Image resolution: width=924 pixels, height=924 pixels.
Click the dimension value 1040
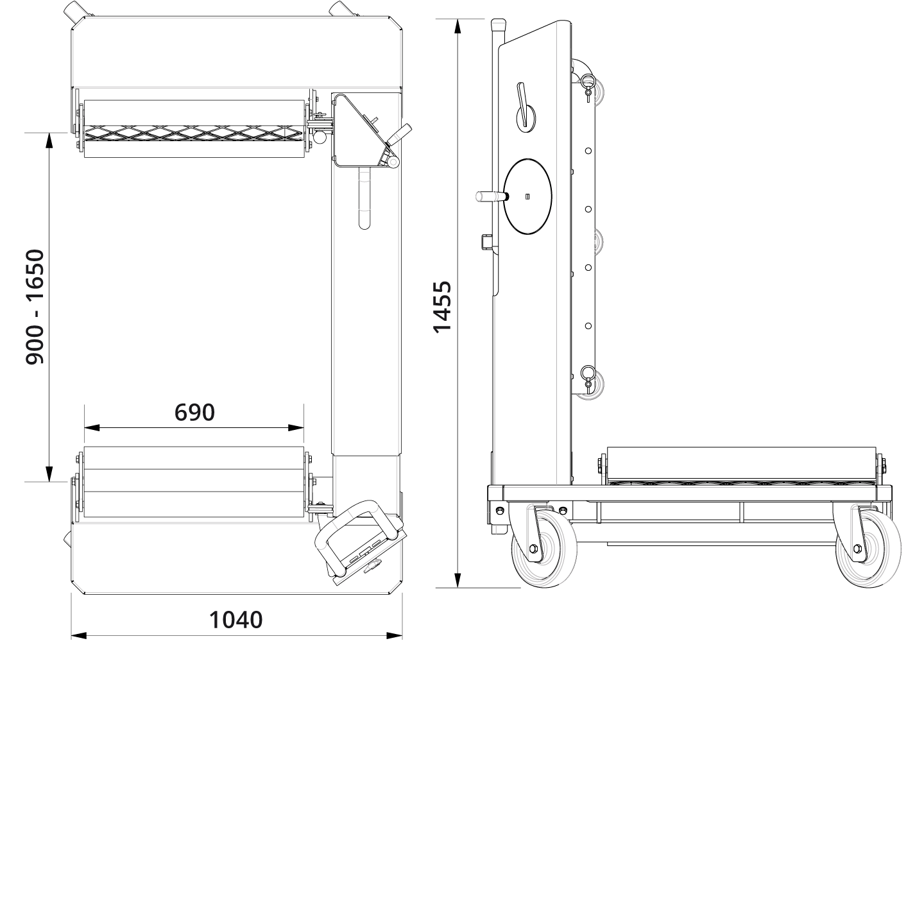coord(236,620)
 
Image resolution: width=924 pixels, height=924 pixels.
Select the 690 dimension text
coord(194,413)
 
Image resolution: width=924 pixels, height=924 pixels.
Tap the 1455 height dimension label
coord(442,307)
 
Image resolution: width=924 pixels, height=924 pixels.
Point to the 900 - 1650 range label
coord(35,307)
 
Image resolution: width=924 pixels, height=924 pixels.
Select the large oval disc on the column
coord(528,196)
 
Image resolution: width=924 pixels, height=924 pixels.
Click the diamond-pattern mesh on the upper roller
coord(193,133)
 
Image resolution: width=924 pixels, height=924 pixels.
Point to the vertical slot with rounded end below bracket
coord(364,199)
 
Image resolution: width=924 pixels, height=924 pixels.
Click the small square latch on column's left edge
coord(486,242)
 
